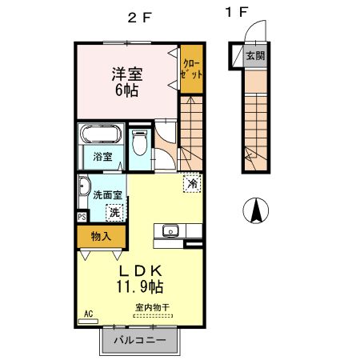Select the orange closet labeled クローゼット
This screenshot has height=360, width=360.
click(190, 68)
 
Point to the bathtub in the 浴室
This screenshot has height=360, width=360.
click(101, 134)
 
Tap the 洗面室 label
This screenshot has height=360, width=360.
click(106, 194)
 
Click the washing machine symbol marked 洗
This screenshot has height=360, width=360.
click(115, 212)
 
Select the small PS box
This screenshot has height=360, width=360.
click(82, 216)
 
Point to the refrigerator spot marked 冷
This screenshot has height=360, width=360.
click(192, 183)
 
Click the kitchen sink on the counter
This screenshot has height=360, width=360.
click(170, 232)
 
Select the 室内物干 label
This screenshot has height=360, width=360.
click(151, 308)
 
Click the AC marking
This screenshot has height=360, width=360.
click(89, 314)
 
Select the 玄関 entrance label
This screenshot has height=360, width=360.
click(254, 56)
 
